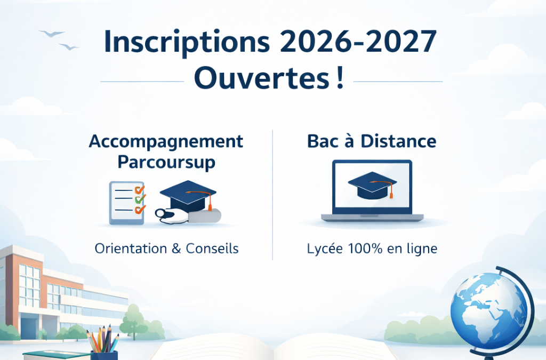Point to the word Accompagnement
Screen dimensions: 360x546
click(166, 142)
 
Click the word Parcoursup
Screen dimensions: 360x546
click(166, 162)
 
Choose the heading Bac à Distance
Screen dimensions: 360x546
click(372, 142)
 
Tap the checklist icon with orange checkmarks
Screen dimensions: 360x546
click(127, 203)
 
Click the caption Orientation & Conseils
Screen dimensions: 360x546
click(166, 249)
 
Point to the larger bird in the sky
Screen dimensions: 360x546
click(52, 34)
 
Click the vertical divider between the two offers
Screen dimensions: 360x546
click(272, 195)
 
